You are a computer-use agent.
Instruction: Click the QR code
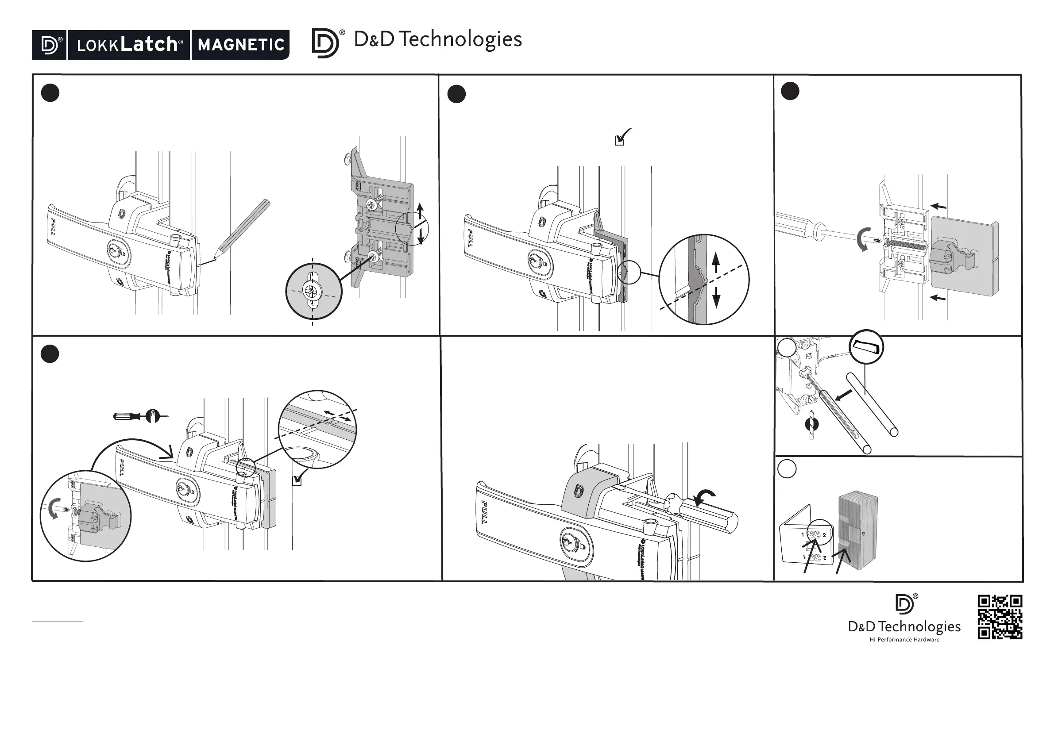[x=1000, y=617]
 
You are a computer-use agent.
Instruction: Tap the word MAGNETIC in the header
[x=240, y=45]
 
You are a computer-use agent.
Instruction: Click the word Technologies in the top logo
[x=460, y=40]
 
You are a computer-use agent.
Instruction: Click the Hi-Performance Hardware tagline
[x=904, y=640]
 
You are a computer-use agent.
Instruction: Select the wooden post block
[x=857, y=532]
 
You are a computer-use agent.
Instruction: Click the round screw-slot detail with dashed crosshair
[x=313, y=292]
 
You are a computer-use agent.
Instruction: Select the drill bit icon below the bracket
[x=811, y=424]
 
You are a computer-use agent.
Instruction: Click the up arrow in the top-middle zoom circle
[x=716, y=262]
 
